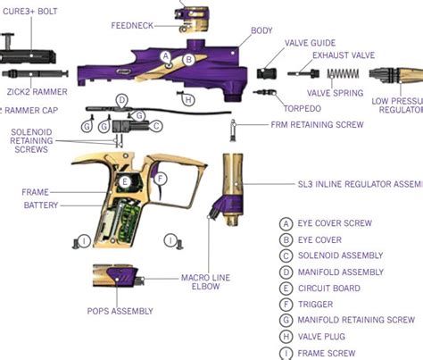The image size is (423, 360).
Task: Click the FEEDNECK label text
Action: tap(135, 26)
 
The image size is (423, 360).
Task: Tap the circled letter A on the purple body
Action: tap(166, 56)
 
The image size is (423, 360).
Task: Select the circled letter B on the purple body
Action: tap(188, 59)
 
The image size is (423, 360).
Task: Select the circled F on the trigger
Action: tap(161, 179)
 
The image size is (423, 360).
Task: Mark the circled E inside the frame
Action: tap(125, 183)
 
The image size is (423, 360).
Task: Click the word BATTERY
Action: tap(41, 205)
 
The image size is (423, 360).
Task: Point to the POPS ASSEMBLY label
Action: tap(120, 311)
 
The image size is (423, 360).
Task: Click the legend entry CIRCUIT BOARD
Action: tap(330, 288)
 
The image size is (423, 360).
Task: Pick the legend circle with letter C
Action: tap(286, 255)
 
